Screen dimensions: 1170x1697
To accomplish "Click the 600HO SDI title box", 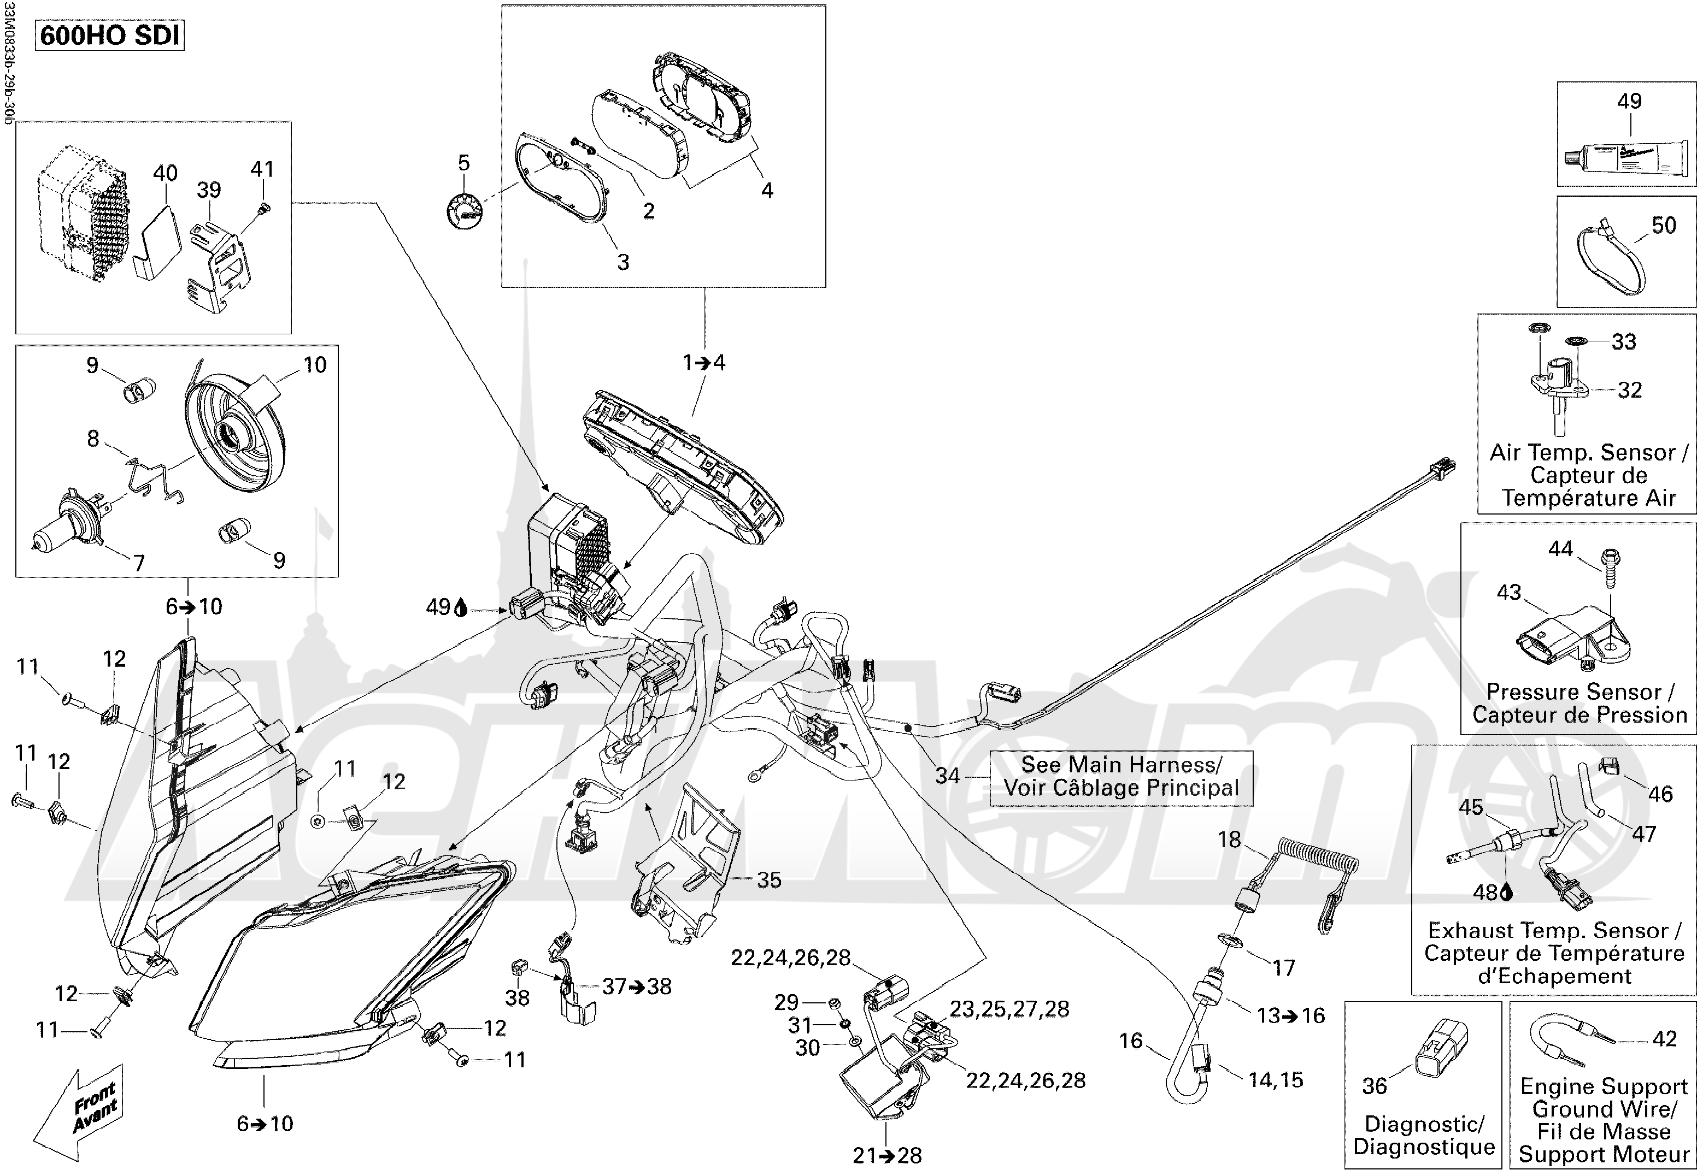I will (110, 35).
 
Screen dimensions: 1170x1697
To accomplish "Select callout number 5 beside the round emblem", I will (463, 163).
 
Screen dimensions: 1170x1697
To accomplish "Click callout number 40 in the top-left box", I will (165, 174).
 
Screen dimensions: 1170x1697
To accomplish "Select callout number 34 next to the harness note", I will (948, 776).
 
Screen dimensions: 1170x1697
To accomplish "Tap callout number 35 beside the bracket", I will (768, 880).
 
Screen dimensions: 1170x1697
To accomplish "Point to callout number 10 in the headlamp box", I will (315, 365).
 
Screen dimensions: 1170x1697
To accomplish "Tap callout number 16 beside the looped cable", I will (1131, 1041).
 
